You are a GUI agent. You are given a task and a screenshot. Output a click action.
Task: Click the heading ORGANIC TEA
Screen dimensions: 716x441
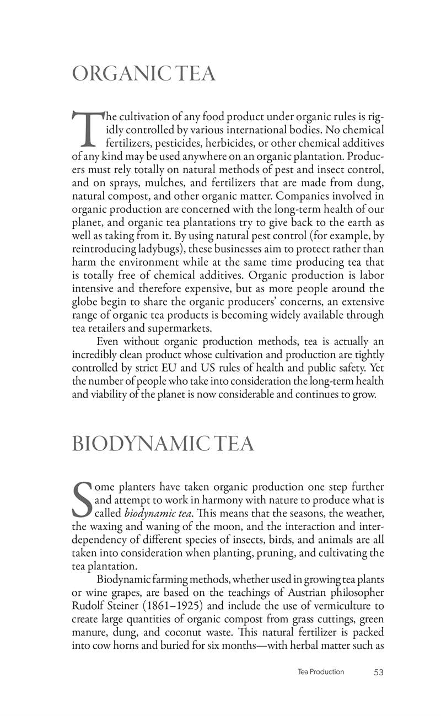pyautogui.click(x=143, y=74)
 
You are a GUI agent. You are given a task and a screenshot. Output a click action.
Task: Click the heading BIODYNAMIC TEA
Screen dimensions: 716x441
pyautogui.click(x=163, y=444)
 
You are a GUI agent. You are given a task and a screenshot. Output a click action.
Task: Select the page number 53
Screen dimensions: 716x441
pyautogui.click(x=378, y=672)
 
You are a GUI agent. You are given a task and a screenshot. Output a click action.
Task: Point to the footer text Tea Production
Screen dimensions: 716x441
pyautogui.click(x=320, y=672)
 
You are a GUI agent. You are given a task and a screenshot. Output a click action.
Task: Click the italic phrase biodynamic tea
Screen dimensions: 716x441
pyautogui.click(x=157, y=514)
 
